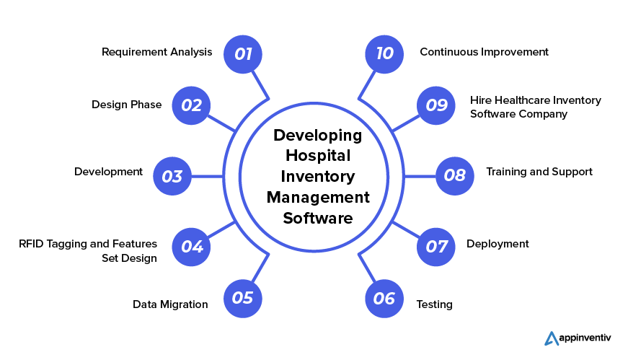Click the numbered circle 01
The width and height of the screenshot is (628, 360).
(x=243, y=53)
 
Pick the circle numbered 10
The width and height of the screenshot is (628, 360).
(x=384, y=53)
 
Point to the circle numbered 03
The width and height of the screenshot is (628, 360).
(x=172, y=176)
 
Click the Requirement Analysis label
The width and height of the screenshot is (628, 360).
(x=156, y=52)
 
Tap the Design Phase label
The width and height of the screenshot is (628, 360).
(x=126, y=105)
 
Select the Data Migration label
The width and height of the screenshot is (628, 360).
(x=170, y=304)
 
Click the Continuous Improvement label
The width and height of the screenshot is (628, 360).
(x=484, y=52)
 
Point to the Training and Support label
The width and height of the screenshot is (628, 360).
(x=539, y=172)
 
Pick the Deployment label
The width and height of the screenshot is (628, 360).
(x=497, y=244)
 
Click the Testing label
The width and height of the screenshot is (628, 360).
(x=435, y=304)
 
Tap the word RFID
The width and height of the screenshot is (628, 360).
(x=32, y=244)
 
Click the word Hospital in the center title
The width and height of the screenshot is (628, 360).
(x=318, y=156)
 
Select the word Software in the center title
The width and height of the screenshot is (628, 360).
(x=318, y=218)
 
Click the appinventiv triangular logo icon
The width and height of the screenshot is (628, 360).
(x=552, y=338)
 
